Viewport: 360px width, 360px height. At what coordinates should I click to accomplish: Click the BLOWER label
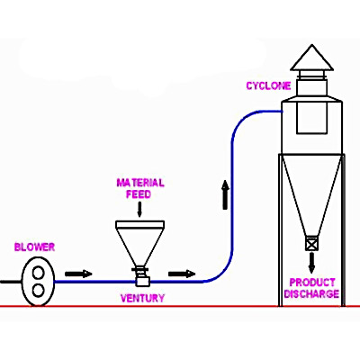[x=35, y=247]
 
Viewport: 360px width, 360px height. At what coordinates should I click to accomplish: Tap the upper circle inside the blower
[x=39, y=273]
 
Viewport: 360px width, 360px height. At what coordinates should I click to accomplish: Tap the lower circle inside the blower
[x=39, y=291]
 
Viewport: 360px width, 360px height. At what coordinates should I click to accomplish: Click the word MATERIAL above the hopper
[x=140, y=183]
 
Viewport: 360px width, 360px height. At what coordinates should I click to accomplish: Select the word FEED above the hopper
[x=139, y=194]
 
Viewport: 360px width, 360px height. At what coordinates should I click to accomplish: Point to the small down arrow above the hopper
[x=139, y=210]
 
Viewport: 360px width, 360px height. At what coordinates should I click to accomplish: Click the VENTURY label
[x=143, y=298]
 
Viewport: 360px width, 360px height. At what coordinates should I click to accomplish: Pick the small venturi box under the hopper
[x=142, y=282]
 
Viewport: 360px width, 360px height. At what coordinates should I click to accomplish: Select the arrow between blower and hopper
[x=78, y=274]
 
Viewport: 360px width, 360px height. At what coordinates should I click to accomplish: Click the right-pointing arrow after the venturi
[x=182, y=274]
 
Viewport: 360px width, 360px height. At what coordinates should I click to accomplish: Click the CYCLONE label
[x=268, y=85]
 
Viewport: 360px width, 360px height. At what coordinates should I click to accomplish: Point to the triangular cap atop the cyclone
[x=312, y=58]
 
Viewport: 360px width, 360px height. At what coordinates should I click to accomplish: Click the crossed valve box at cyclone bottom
[x=312, y=243]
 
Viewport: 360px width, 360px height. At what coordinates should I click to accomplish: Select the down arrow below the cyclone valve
[x=312, y=263]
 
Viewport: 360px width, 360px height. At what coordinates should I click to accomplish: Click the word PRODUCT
[x=312, y=283]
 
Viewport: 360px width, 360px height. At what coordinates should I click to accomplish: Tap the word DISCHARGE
[x=311, y=293]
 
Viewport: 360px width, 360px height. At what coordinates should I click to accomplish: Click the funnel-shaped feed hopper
[x=140, y=243]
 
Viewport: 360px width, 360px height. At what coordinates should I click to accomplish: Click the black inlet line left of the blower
[x=12, y=282]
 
